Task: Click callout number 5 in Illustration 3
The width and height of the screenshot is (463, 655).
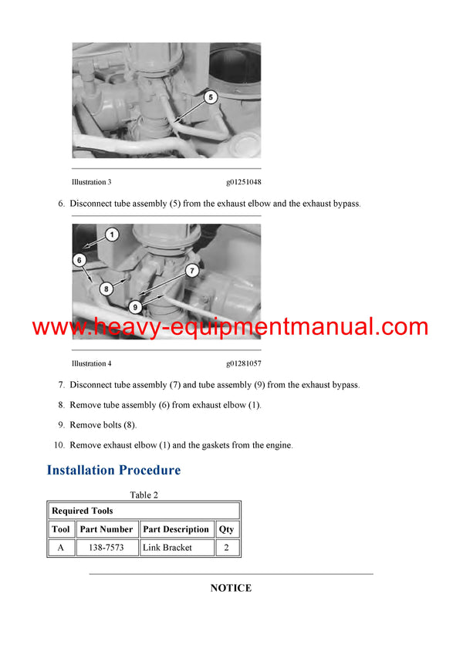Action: coord(211,97)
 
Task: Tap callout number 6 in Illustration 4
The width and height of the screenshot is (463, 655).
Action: coord(79,261)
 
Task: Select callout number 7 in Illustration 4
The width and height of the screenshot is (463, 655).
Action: coord(192,271)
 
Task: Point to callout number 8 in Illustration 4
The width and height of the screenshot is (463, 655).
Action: coord(106,289)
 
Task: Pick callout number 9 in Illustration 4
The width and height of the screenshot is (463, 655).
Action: coord(135,306)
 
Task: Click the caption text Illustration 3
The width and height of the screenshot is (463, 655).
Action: coord(91,182)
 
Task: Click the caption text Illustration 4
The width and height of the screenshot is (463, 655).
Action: coord(91,363)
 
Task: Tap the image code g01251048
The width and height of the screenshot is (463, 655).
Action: coord(243,182)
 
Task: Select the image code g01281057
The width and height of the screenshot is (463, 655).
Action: coord(243,363)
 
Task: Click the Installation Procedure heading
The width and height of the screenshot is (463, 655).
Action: coord(113,470)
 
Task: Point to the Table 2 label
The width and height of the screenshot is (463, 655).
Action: coord(144,495)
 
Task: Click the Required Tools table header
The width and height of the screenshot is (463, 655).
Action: coord(82,511)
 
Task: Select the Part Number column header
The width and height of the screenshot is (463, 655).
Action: coord(106,529)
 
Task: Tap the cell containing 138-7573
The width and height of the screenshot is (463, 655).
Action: coord(106,548)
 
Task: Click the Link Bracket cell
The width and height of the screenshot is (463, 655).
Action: coord(167,548)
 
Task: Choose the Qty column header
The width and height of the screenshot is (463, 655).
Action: coord(226,529)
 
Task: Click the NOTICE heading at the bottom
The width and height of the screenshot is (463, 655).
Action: coord(231,588)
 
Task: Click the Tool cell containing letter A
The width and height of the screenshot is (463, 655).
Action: coord(61,548)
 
